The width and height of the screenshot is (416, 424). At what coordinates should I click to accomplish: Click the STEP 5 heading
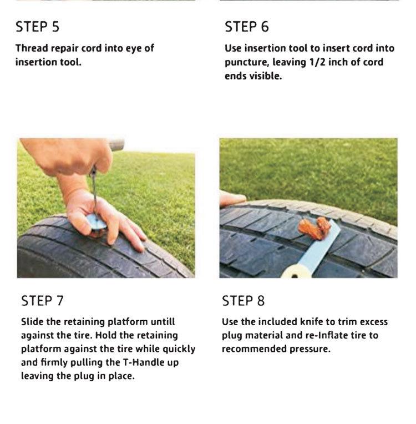pos(37,27)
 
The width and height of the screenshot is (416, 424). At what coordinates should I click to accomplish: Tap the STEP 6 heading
pos(247,27)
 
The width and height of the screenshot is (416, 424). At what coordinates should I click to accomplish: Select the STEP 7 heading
pos(42,301)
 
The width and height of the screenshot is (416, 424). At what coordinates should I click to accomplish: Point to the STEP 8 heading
pos(243,301)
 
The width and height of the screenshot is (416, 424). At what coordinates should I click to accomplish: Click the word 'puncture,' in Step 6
pos(246,62)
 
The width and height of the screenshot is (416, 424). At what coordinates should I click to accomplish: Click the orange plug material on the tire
pos(313,228)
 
